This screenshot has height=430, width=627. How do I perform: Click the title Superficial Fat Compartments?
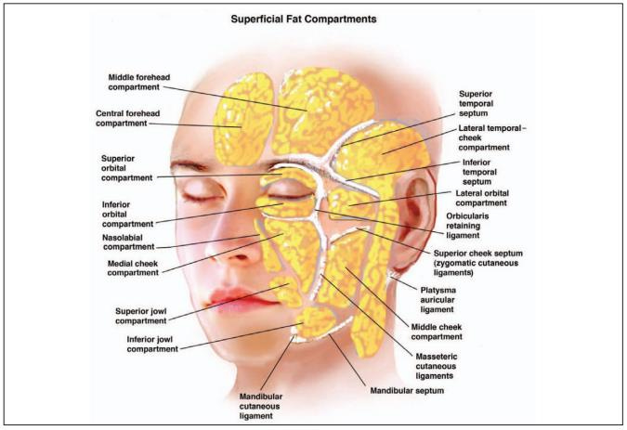click(313, 18)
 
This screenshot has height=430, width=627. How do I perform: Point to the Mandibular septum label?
click(406, 392)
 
